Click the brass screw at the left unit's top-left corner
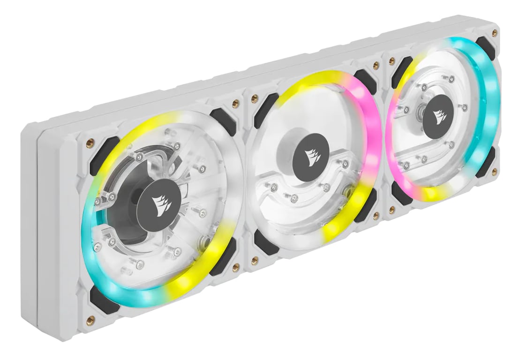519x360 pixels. (x=92, y=141)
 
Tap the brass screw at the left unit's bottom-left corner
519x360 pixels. (x=90, y=320)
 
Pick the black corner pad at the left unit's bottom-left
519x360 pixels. (x=102, y=298)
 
